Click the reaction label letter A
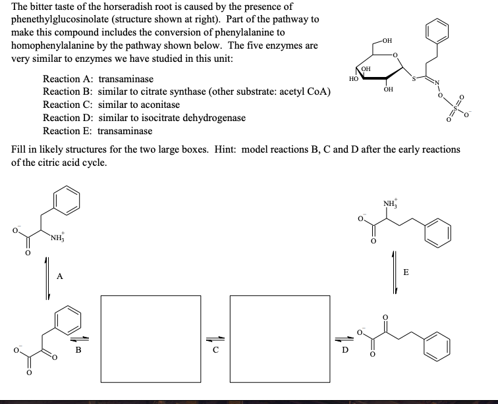[x=59, y=277]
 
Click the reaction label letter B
[x=78, y=350]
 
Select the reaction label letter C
[x=215, y=350]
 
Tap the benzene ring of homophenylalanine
[x=439, y=231]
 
